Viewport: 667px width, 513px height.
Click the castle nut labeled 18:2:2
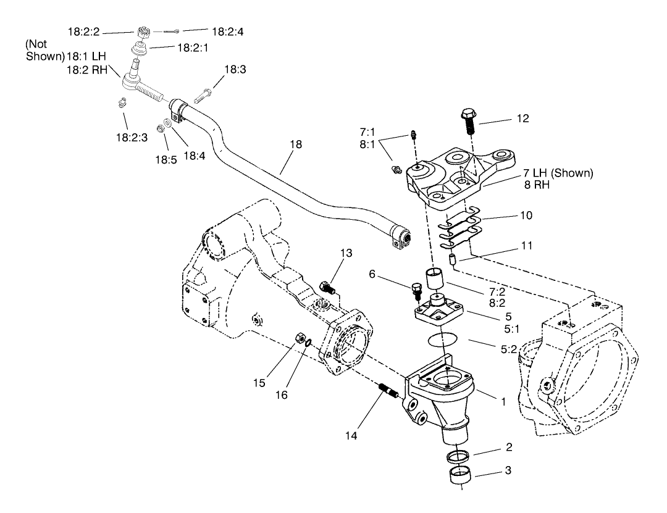pos(141,32)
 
